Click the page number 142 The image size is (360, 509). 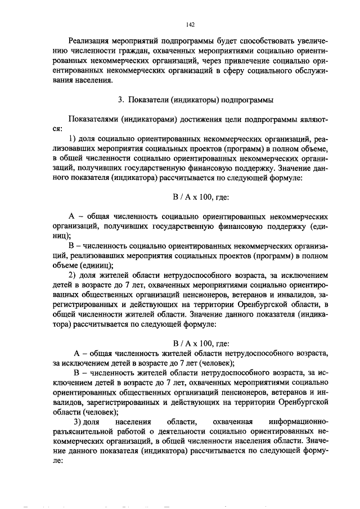pyautogui.click(x=190, y=25)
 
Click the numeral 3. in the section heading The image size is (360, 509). pyautogui.click(x=120, y=100)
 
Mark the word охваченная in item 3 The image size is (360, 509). pyautogui.click(x=231, y=422)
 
